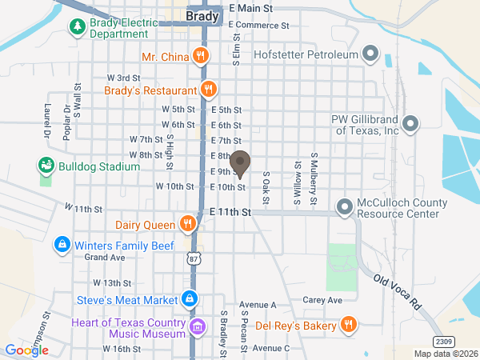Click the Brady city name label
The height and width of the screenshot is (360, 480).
[202, 16]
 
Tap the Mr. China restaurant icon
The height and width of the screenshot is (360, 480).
[200, 56]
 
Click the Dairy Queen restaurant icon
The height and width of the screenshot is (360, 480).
[187, 222]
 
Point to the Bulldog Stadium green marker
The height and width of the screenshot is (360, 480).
[46, 166]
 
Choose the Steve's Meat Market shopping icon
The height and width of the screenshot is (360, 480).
[189, 299]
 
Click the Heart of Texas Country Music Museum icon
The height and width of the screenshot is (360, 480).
[198, 326]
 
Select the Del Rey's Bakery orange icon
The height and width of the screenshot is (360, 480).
[348, 324]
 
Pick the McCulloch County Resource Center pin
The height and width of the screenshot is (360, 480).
[345, 207]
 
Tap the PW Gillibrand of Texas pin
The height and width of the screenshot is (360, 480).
[410, 124]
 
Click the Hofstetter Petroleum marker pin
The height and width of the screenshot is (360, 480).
[370, 54]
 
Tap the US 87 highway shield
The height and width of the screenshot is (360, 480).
[194, 259]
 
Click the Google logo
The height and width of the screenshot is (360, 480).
[26, 350]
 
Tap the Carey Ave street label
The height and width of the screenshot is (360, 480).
[322, 301]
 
